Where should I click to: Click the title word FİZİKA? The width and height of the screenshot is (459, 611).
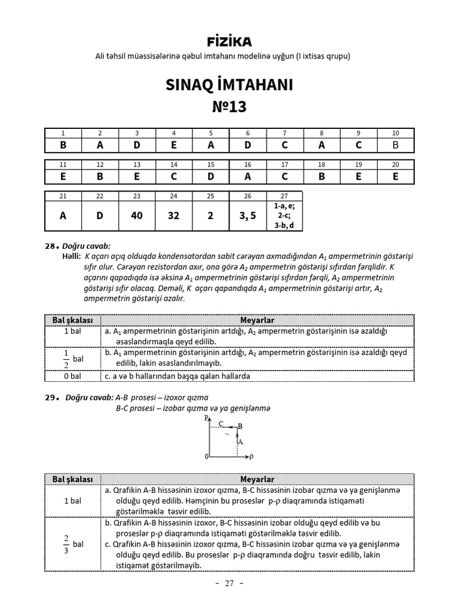[229, 42]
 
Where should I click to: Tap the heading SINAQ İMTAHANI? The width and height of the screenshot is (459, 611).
[229, 85]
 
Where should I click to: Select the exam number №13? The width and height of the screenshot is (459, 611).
[229, 107]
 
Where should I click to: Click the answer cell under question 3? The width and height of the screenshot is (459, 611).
[137, 145]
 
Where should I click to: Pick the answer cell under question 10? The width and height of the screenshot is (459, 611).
[395, 145]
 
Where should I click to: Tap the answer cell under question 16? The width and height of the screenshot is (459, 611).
[247, 177]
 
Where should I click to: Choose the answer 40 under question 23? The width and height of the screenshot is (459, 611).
[137, 215]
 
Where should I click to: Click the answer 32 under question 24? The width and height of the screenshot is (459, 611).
[173, 215]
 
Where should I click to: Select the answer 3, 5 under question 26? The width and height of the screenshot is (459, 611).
[247, 215]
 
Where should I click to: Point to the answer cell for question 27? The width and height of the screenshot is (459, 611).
[284, 215]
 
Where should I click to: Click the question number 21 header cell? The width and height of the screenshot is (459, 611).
[63, 196]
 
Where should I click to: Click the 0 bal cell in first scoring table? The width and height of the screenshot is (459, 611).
[72, 377]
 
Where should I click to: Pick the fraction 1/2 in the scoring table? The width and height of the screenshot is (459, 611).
[66, 359]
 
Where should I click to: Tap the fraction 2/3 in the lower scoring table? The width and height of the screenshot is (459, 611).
[66, 544]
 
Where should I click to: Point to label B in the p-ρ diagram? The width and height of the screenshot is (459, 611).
[240, 426]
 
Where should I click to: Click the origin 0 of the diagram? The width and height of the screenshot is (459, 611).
[206, 456]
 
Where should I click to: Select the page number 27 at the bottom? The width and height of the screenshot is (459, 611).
[229, 583]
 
